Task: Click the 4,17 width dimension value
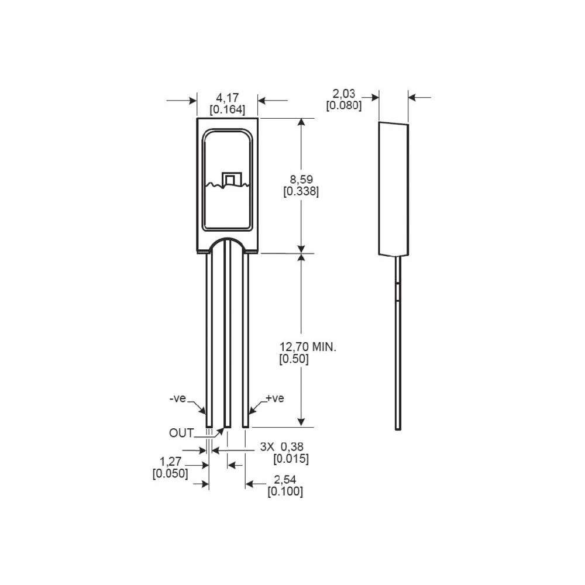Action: point(227,97)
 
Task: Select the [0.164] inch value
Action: point(227,109)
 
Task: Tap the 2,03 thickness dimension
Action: point(343,94)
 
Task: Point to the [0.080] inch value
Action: point(343,106)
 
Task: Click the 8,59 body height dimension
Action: point(301,180)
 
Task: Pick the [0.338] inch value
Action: point(301,192)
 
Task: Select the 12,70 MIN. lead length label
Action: point(308,347)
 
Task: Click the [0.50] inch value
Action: point(294,359)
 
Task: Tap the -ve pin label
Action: point(178,399)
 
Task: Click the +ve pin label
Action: point(274,398)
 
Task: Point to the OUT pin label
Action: point(181,433)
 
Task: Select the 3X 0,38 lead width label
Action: point(284,446)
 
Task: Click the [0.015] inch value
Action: point(291,459)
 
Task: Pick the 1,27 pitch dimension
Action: point(170,462)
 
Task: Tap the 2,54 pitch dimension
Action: point(285,480)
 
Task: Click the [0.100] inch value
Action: point(285,492)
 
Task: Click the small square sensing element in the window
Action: point(230,180)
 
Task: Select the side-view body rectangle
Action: point(393,190)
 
